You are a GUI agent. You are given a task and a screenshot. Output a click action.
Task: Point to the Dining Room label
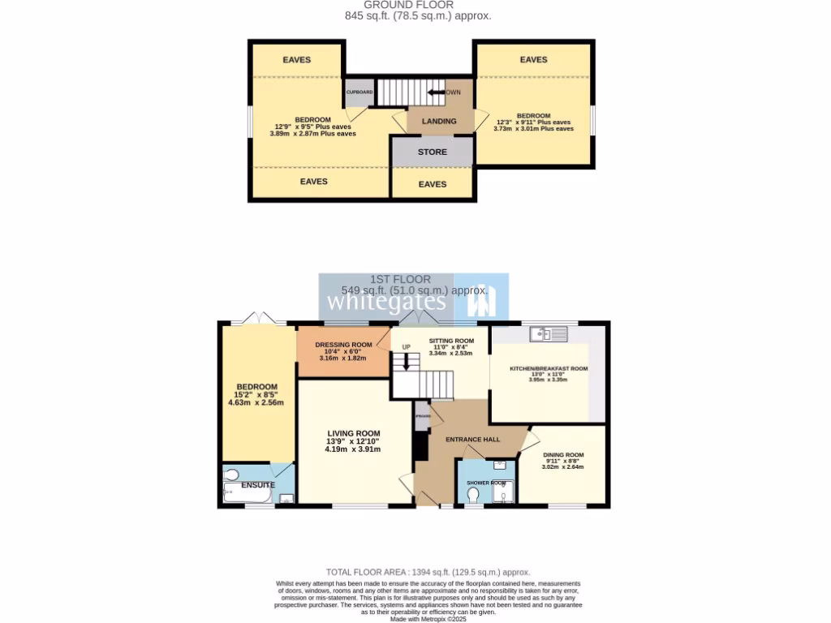pos(563,455)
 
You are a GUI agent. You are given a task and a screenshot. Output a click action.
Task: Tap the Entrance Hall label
pos(473,439)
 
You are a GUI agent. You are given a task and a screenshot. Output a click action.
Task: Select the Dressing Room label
pos(343,345)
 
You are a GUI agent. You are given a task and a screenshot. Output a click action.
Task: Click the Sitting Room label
pos(451,342)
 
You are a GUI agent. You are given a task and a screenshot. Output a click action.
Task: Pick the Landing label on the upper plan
pos(439,122)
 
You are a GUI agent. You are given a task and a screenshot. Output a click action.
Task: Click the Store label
pos(432,152)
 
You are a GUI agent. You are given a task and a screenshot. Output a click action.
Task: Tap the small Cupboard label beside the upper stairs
pos(360,92)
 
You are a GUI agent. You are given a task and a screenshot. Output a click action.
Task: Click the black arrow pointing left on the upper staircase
pos(437,92)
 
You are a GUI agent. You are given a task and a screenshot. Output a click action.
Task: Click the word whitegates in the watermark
pos(386,302)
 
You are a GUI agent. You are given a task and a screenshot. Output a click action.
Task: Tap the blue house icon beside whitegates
pos(480,302)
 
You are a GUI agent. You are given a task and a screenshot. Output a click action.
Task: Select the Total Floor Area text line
pos(428,572)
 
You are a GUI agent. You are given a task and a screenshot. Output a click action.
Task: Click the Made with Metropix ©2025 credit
pos(428,618)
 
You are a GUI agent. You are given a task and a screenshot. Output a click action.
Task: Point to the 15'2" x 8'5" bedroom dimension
pos(256,394)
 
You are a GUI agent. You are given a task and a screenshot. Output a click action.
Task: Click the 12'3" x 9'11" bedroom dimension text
pos(533,122)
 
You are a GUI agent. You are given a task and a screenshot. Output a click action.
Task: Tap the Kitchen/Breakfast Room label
pos(548,368)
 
